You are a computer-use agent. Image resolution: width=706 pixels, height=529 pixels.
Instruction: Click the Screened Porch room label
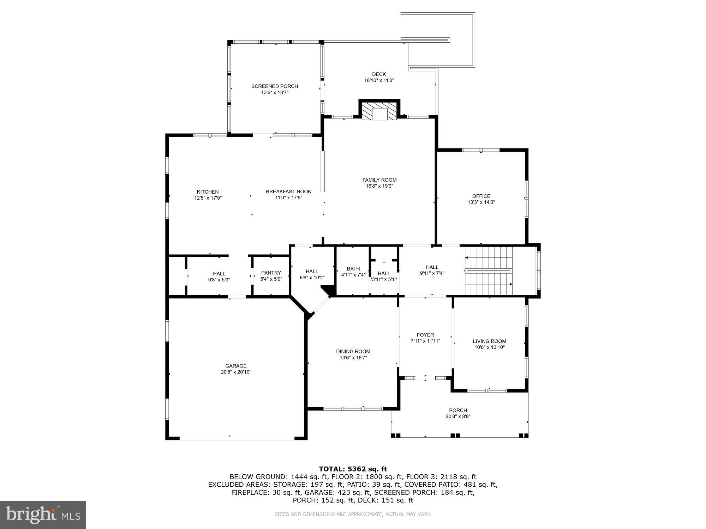click(x=274, y=86)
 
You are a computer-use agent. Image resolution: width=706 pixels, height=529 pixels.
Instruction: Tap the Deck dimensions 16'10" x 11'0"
click(x=379, y=80)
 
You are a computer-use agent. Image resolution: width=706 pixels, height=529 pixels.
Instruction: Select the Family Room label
click(x=379, y=180)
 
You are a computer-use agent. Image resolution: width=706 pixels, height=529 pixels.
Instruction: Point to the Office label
click(x=481, y=196)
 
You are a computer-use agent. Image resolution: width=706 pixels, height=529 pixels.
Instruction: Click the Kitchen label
click(x=208, y=192)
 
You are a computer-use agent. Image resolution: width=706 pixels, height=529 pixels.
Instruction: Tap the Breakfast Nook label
click(x=288, y=191)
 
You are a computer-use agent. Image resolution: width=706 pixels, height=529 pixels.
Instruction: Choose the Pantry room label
click(x=271, y=273)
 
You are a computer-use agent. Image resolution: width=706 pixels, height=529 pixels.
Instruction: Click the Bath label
click(x=353, y=269)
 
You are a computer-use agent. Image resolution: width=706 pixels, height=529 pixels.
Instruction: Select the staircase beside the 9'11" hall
click(x=489, y=271)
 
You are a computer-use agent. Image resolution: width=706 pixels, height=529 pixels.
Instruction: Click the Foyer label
click(x=425, y=335)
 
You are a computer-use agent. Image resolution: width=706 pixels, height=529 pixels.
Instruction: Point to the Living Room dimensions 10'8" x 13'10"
click(x=489, y=347)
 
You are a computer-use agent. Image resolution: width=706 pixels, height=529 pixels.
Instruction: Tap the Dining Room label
click(x=353, y=351)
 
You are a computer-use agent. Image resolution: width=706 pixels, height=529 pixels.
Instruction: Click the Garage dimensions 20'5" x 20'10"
click(x=236, y=372)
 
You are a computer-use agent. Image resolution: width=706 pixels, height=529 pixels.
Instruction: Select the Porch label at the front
click(x=458, y=410)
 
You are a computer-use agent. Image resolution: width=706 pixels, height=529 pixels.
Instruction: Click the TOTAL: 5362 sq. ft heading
click(x=353, y=469)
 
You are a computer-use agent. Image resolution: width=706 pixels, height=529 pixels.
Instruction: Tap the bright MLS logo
click(x=43, y=515)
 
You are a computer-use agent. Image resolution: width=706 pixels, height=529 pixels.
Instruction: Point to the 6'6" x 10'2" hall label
click(x=312, y=278)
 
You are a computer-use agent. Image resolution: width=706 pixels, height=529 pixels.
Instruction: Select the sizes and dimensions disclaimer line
click(x=353, y=514)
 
